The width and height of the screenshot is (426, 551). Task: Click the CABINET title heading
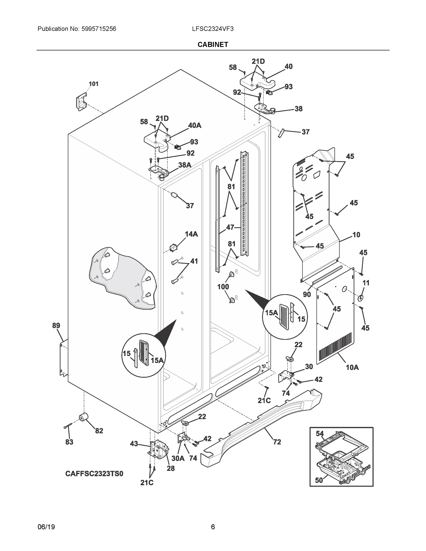[x=213, y=45]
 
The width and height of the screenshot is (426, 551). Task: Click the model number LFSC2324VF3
[x=212, y=29]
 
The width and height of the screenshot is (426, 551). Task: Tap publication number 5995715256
[x=99, y=29]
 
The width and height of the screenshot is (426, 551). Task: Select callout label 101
[x=93, y=84]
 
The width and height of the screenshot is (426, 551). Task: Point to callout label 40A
[x=195, y=125]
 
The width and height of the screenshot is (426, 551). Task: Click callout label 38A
[x=184, y=165]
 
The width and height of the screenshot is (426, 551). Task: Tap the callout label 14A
[x=191, y=234]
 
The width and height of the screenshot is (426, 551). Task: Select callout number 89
[x=56, y=326]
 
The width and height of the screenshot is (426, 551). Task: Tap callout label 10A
[x=352, y=368]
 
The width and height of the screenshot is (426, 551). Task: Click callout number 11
[x=366, y=283]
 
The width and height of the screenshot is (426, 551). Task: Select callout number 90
[x=307, y=294]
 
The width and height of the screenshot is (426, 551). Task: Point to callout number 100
[x=223, y=287]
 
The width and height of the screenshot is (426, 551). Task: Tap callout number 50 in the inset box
[x=319, y=480]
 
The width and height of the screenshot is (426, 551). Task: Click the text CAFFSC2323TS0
[x=94, y=474]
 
